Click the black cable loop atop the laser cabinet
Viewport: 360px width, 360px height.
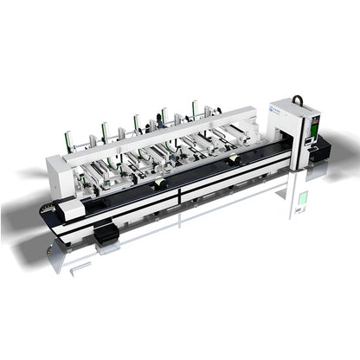click(x=298, y=101)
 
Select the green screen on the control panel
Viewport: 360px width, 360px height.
click(x=312, y=128)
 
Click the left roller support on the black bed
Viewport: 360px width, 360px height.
click(x=160, y=183)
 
